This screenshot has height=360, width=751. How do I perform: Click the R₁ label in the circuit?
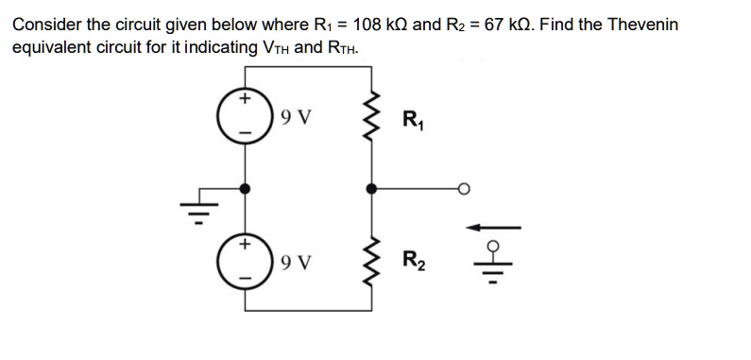(413, 120)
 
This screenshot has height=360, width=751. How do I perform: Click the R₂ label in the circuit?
(413, 260)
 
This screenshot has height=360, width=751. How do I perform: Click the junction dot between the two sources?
(246, 189)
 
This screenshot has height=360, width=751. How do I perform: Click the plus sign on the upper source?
(245, 97)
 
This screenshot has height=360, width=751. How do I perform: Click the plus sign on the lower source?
(245, 243)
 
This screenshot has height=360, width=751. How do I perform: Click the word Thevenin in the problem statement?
(643, 24)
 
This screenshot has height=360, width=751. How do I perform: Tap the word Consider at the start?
(45, 24)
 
